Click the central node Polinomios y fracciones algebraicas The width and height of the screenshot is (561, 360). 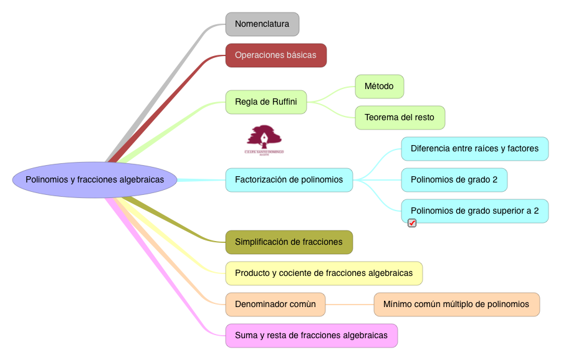tap(95, 180)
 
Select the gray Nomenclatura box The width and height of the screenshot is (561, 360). tap(262, 24)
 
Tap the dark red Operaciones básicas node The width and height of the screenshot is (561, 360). tap(276, 55)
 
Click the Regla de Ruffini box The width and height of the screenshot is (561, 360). tap(266, 102)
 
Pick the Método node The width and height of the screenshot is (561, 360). tap(379, 87)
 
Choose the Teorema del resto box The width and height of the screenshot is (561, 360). tap(400, 118)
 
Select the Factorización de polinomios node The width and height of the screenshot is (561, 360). tap(289, 180)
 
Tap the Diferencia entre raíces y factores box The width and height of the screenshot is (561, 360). tap(474, 149)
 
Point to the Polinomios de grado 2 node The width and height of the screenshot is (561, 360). tap(454, 180)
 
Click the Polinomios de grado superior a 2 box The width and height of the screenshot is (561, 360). tap(474, 211)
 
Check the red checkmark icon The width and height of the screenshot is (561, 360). tap(412, 223)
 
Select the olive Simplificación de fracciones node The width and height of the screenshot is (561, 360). tap(289, 242)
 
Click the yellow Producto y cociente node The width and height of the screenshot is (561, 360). tap(324, 273)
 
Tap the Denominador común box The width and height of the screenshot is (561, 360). tap(275, 305)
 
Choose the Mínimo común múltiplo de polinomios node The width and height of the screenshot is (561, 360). tap(456, 305)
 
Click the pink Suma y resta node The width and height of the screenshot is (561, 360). tap(311, 336)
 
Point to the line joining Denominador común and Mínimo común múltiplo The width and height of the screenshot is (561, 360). tap(349, 305)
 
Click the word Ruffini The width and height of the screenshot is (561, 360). tap(284, 102)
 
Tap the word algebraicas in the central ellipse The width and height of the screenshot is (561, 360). tap(141, 180)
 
